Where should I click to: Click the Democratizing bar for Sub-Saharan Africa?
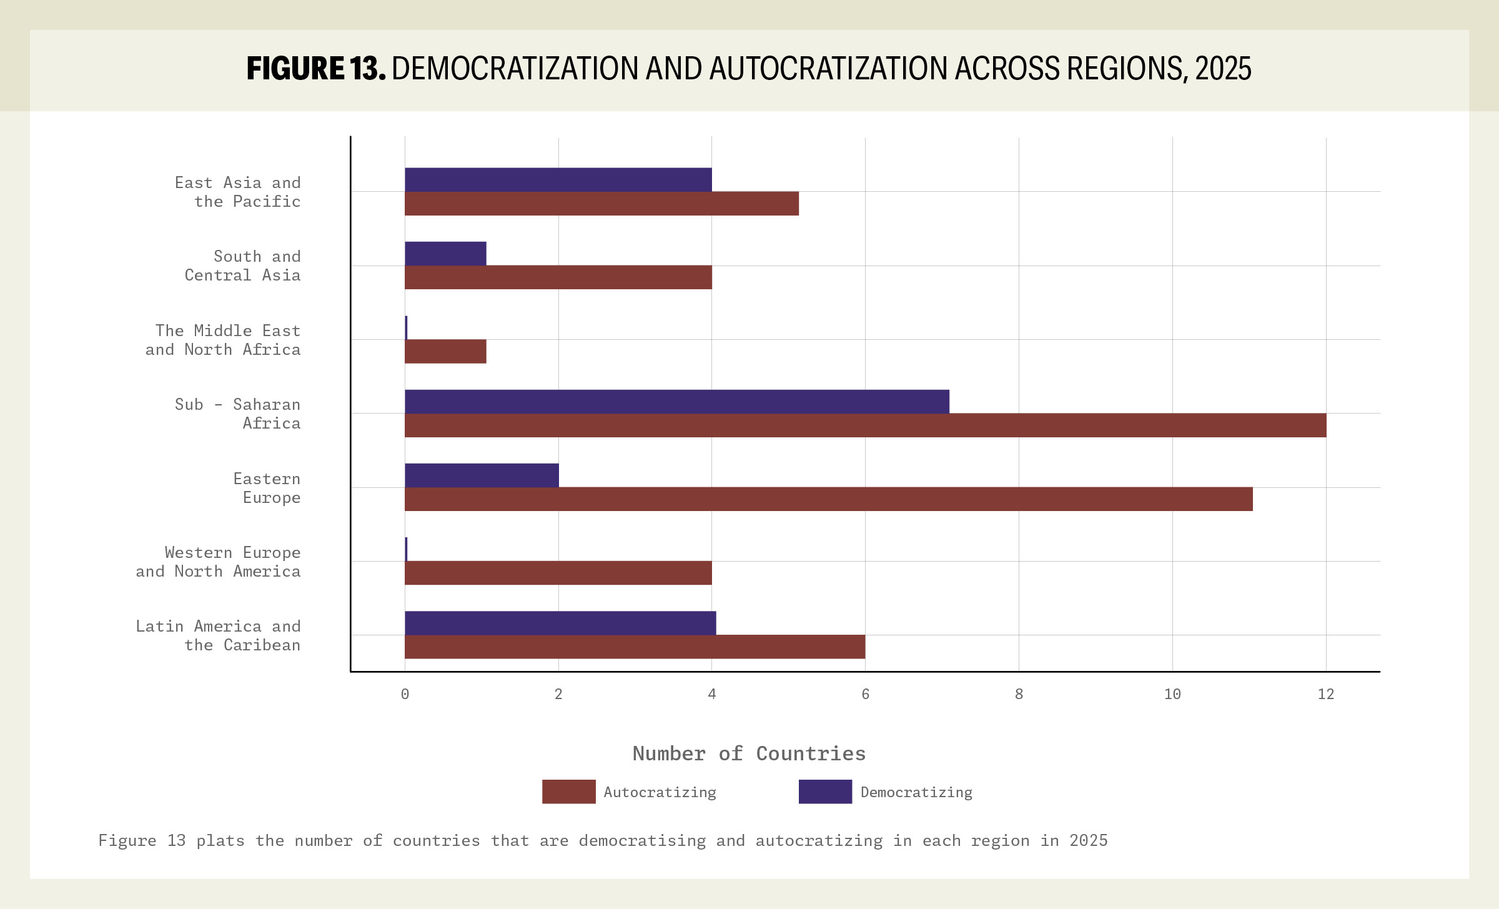pos(676,401)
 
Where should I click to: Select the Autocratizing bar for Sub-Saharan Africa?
pos(865,425)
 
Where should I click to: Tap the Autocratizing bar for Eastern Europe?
pos(828,499)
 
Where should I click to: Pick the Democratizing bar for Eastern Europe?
pos(482,475)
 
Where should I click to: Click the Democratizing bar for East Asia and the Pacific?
pos(558,179)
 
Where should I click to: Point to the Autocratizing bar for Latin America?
pos(635,647)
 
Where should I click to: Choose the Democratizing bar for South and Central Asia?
pos(445,254)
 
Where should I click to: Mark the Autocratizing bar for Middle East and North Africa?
pos(445,351)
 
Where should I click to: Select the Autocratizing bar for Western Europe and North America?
pos(558,573)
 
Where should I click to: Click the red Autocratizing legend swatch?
pos(568,792)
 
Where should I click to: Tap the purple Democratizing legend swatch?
pos(825,792)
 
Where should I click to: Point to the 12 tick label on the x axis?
pos(1325,694)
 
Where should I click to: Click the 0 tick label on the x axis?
pos(405,694)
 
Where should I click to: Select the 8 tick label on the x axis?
pos(1019,694)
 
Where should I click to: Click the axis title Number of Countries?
pos(749,753)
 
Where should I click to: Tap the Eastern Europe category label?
pos(267,488)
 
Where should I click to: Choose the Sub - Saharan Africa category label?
pos(237,414)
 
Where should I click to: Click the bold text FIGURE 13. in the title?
pos(316,69)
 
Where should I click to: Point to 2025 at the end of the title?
pos(1223,69)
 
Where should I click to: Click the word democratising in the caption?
pos(642,840)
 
